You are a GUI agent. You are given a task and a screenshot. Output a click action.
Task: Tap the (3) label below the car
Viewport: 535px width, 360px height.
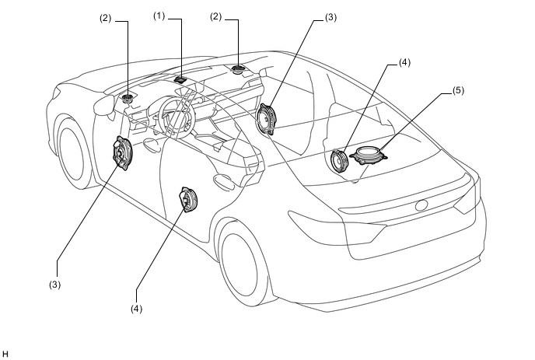(54, 285)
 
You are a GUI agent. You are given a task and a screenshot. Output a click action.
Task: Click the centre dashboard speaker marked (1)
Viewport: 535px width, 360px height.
(181, 77)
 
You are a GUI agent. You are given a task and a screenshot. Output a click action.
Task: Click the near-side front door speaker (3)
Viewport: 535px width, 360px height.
(122, 152)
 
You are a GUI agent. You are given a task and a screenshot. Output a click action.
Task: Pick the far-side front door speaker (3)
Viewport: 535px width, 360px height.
(267, 119)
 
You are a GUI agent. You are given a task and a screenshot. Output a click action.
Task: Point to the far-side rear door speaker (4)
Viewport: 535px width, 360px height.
(340, 161)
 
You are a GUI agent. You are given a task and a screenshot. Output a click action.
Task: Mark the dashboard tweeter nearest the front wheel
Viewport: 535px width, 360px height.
(128, 98)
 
